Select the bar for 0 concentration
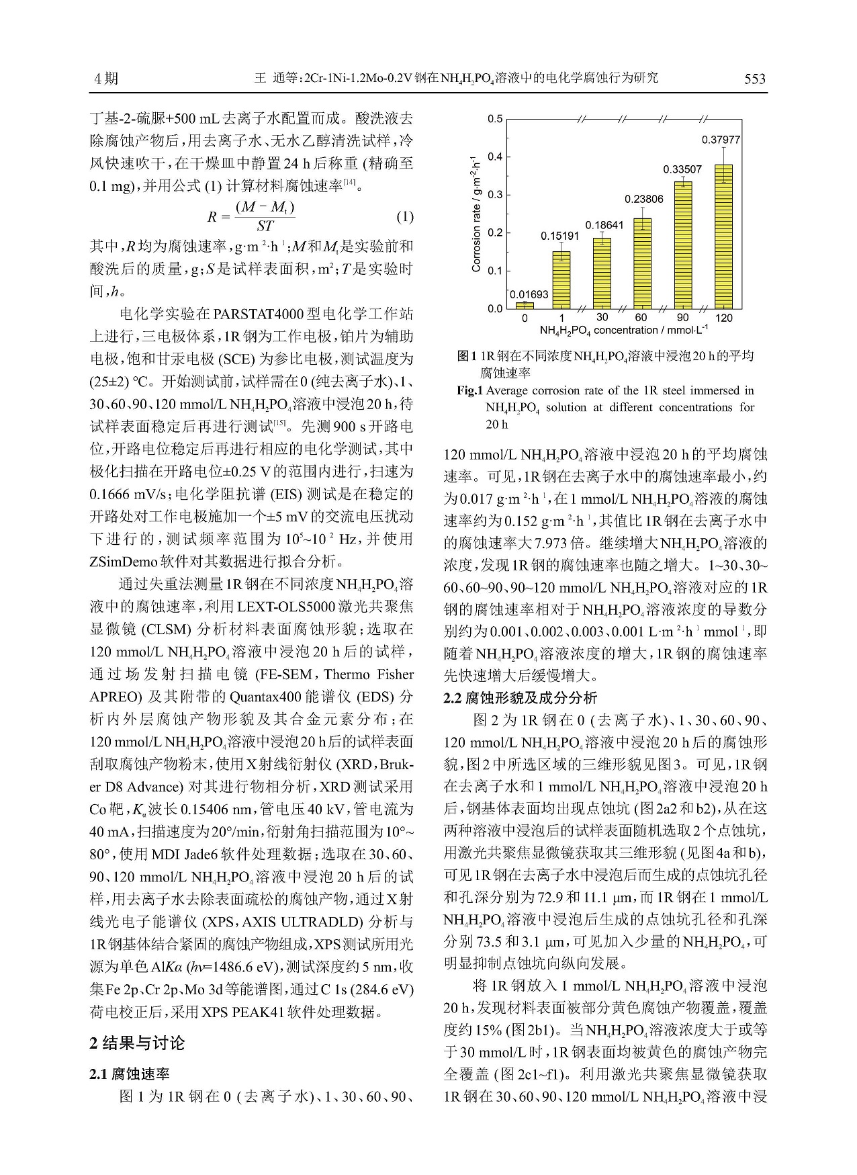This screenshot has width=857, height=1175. point(525,306)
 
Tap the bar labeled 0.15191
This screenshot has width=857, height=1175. point(561,279)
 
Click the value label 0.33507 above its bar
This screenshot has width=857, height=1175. point(682,169)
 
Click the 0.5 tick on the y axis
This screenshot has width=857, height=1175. point(495,120)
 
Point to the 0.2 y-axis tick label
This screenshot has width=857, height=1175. point(495,233)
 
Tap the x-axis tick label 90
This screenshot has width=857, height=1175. point(683,318)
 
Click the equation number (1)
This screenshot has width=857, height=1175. point(404,216)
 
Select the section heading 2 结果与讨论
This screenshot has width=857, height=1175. point(137,1043)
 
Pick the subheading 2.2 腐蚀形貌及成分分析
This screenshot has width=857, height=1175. point(520,697)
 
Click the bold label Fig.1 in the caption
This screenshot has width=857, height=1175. point(470,390)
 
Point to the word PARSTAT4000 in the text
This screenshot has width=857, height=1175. point(256,314)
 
